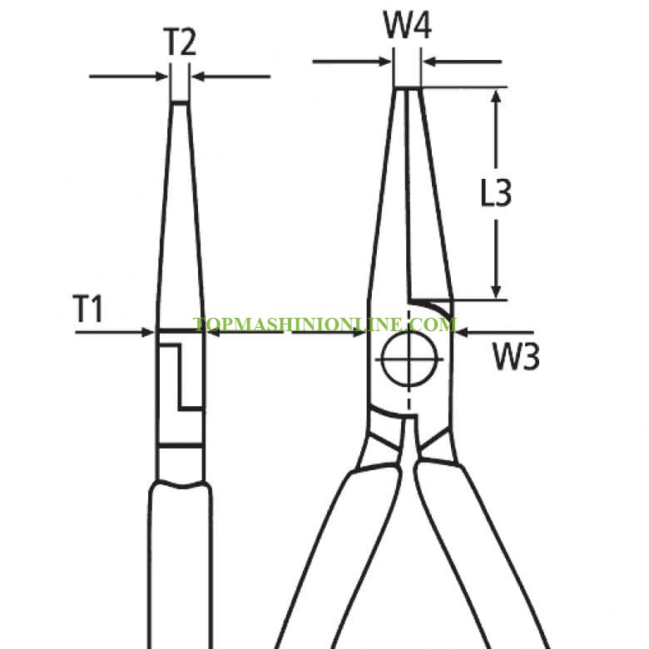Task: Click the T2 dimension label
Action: coord(180,42)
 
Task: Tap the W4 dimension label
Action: coord(408,25)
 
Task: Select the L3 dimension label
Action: coord(496,192)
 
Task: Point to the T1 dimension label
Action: coord(87,309)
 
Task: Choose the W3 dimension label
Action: coord(516,356)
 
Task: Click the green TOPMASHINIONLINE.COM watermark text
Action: coord(324,324)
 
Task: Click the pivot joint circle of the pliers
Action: coord(409,359)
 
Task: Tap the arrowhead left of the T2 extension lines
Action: coord(162,77)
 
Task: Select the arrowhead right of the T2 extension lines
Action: coord(199,77)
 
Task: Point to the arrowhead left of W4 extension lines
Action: coord(385,62)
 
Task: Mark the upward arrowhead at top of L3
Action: coord(496,97)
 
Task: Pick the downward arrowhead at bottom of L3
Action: coord(496,291)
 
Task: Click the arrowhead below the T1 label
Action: coord(147,332)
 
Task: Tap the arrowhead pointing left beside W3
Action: coord(462,332)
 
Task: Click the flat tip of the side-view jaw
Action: coord(180,102)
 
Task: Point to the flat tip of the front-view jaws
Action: coord(407,88)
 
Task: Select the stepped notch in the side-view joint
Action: coord(181,377)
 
